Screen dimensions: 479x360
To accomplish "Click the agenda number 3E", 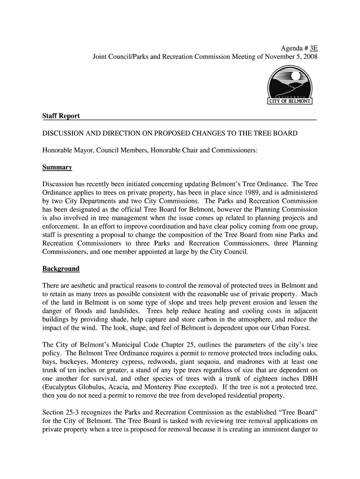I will (312, 49).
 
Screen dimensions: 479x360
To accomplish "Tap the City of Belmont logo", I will (290, 85).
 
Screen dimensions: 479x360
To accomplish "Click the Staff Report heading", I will (61, 116).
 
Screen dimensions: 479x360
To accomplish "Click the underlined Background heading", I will (61, 269).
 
